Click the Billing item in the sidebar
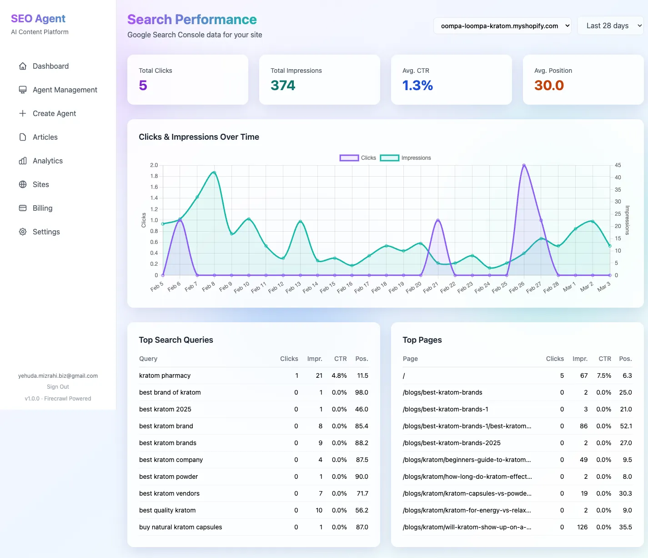click(x=42, y=208)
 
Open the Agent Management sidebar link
click(x=65, y=90)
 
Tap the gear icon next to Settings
click(x=23, y=232)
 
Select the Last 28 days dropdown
click(x=610, y=26)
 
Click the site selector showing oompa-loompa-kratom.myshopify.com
click(x=502, y=26)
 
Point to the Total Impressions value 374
click(x=283, y=86)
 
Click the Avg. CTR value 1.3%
click(x=417, y=86)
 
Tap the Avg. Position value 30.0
click(x=549, y=86)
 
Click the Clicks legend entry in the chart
click(x=358, y=158)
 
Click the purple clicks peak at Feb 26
click(x=524, y=166)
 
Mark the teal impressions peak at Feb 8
click(x=214, y=172)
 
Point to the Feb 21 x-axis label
click(x=430, y=287)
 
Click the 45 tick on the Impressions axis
click(x=618, y=165)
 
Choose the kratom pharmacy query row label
click(x=165, y=375)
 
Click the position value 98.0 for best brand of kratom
click(x=362, y=392)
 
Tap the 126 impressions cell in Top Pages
click(x=582, y=527)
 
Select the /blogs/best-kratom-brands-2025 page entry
click(x=452, y=443)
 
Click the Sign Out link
click(x=58, y=387)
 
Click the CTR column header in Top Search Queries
click(x=340, y=359)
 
